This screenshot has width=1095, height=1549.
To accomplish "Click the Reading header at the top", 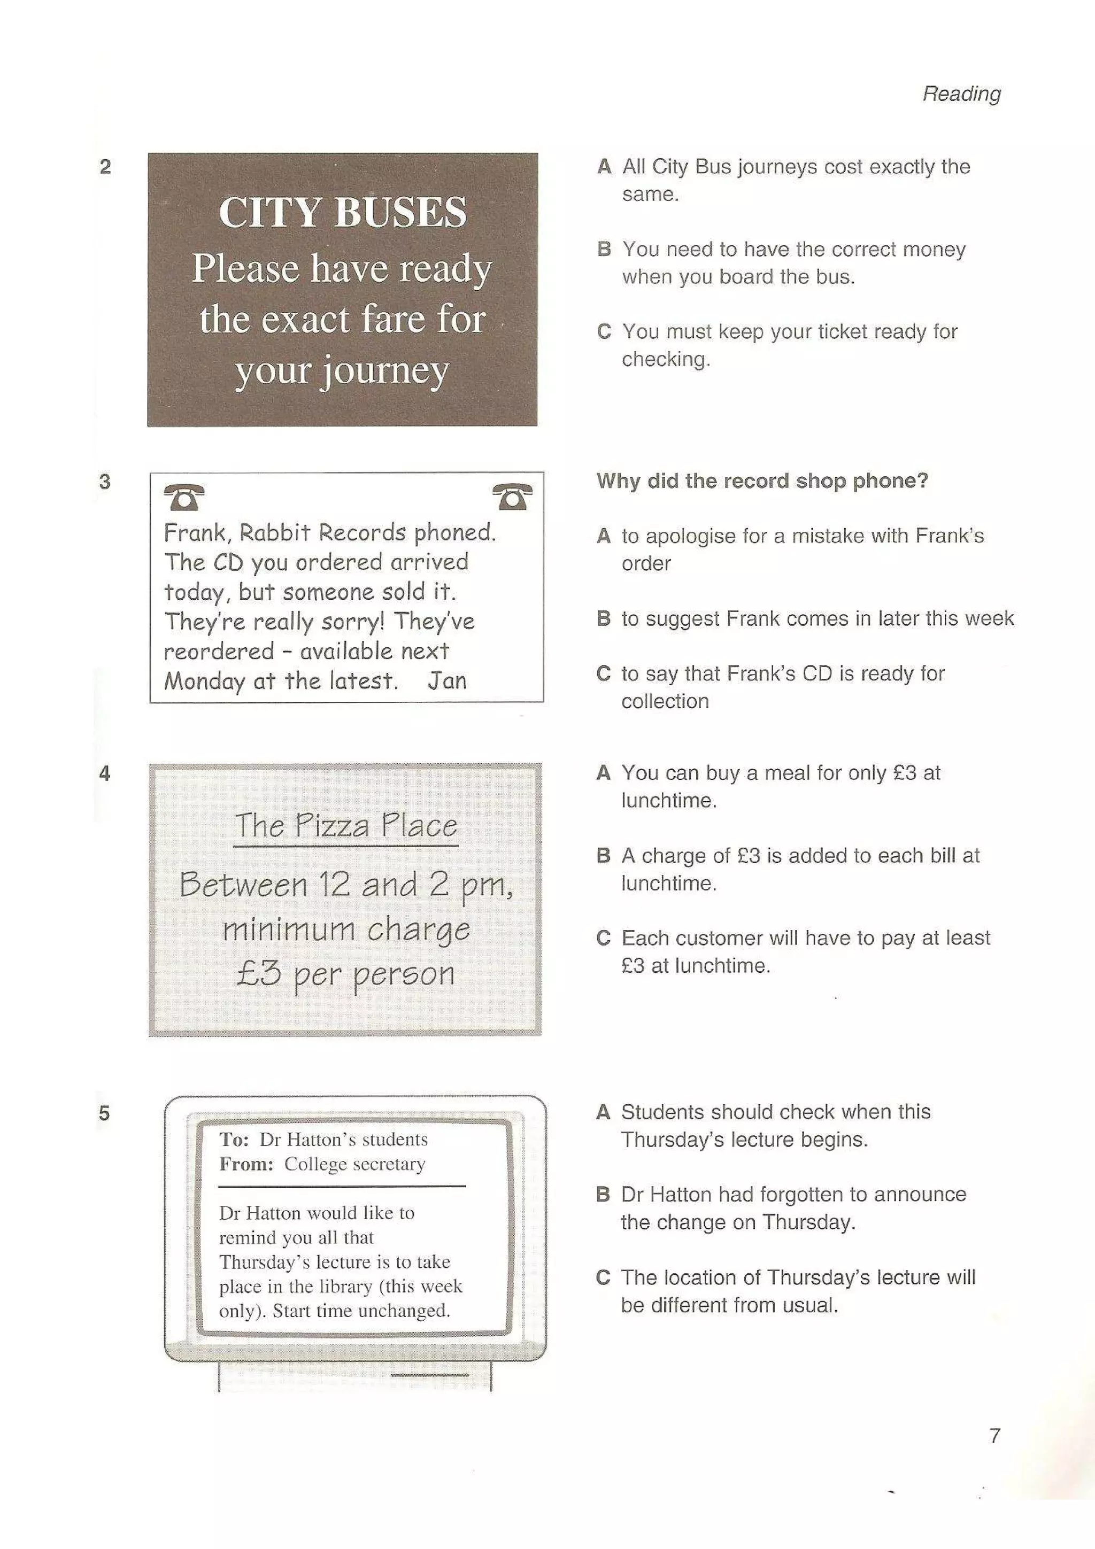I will pos(961,93).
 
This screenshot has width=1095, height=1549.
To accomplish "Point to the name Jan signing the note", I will pos(446,681).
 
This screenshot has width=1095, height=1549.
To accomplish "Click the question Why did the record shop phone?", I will pos(762,481).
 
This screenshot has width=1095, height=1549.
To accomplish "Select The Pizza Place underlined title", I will pos(345,825).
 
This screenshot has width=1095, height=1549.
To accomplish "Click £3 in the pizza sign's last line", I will pos(258,973).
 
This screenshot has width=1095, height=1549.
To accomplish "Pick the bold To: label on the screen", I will pos(234,1140).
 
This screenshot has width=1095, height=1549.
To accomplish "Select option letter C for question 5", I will pos(603,1277).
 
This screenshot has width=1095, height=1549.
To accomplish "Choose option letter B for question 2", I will pos(604,249).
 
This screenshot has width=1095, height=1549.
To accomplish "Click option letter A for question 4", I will pos(603,772).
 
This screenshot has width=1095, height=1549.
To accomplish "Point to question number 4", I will pos(105,773).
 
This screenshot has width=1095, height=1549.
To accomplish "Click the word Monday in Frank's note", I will pos(204,681).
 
